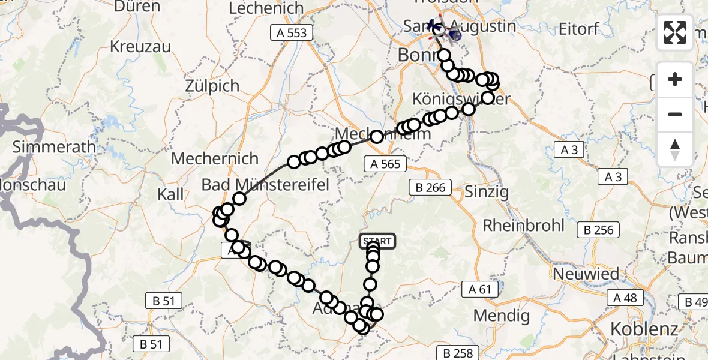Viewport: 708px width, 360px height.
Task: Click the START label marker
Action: (x=377, y=241)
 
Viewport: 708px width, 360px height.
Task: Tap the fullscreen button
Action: (x=675, y=32)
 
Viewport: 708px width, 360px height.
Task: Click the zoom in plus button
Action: (x=675, y=79)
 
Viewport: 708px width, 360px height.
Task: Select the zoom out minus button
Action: (x=675, y=114)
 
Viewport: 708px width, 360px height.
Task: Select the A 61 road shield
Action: (x=481, y=290)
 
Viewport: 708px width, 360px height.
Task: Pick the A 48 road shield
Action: (x=626, y=298)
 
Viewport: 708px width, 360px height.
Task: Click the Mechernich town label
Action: (x=215, y=159)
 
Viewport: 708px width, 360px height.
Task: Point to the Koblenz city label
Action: (x=644, y=329)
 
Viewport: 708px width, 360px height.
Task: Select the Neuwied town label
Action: (x=586, y=274)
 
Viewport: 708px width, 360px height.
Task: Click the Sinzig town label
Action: (x=487, y=192)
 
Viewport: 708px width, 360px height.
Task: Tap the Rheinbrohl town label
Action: (x=524, y=226)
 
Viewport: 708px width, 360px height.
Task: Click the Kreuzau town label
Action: (x=140, y=46)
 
